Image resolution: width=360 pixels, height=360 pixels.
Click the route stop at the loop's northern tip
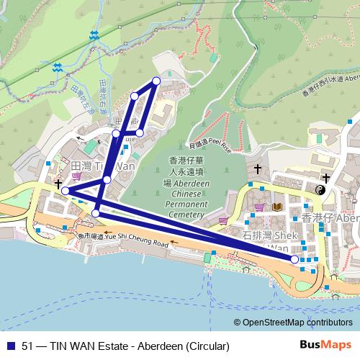pos(156,81)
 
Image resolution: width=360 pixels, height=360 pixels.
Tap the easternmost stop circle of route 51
pos(294,258)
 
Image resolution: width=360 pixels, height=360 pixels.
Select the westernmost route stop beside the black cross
pos(66,191)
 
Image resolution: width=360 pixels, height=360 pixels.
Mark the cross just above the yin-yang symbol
pos(325,177)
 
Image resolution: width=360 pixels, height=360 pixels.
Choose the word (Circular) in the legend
pos(204,346)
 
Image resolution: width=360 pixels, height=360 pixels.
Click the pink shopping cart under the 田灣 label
pos(77,176)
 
